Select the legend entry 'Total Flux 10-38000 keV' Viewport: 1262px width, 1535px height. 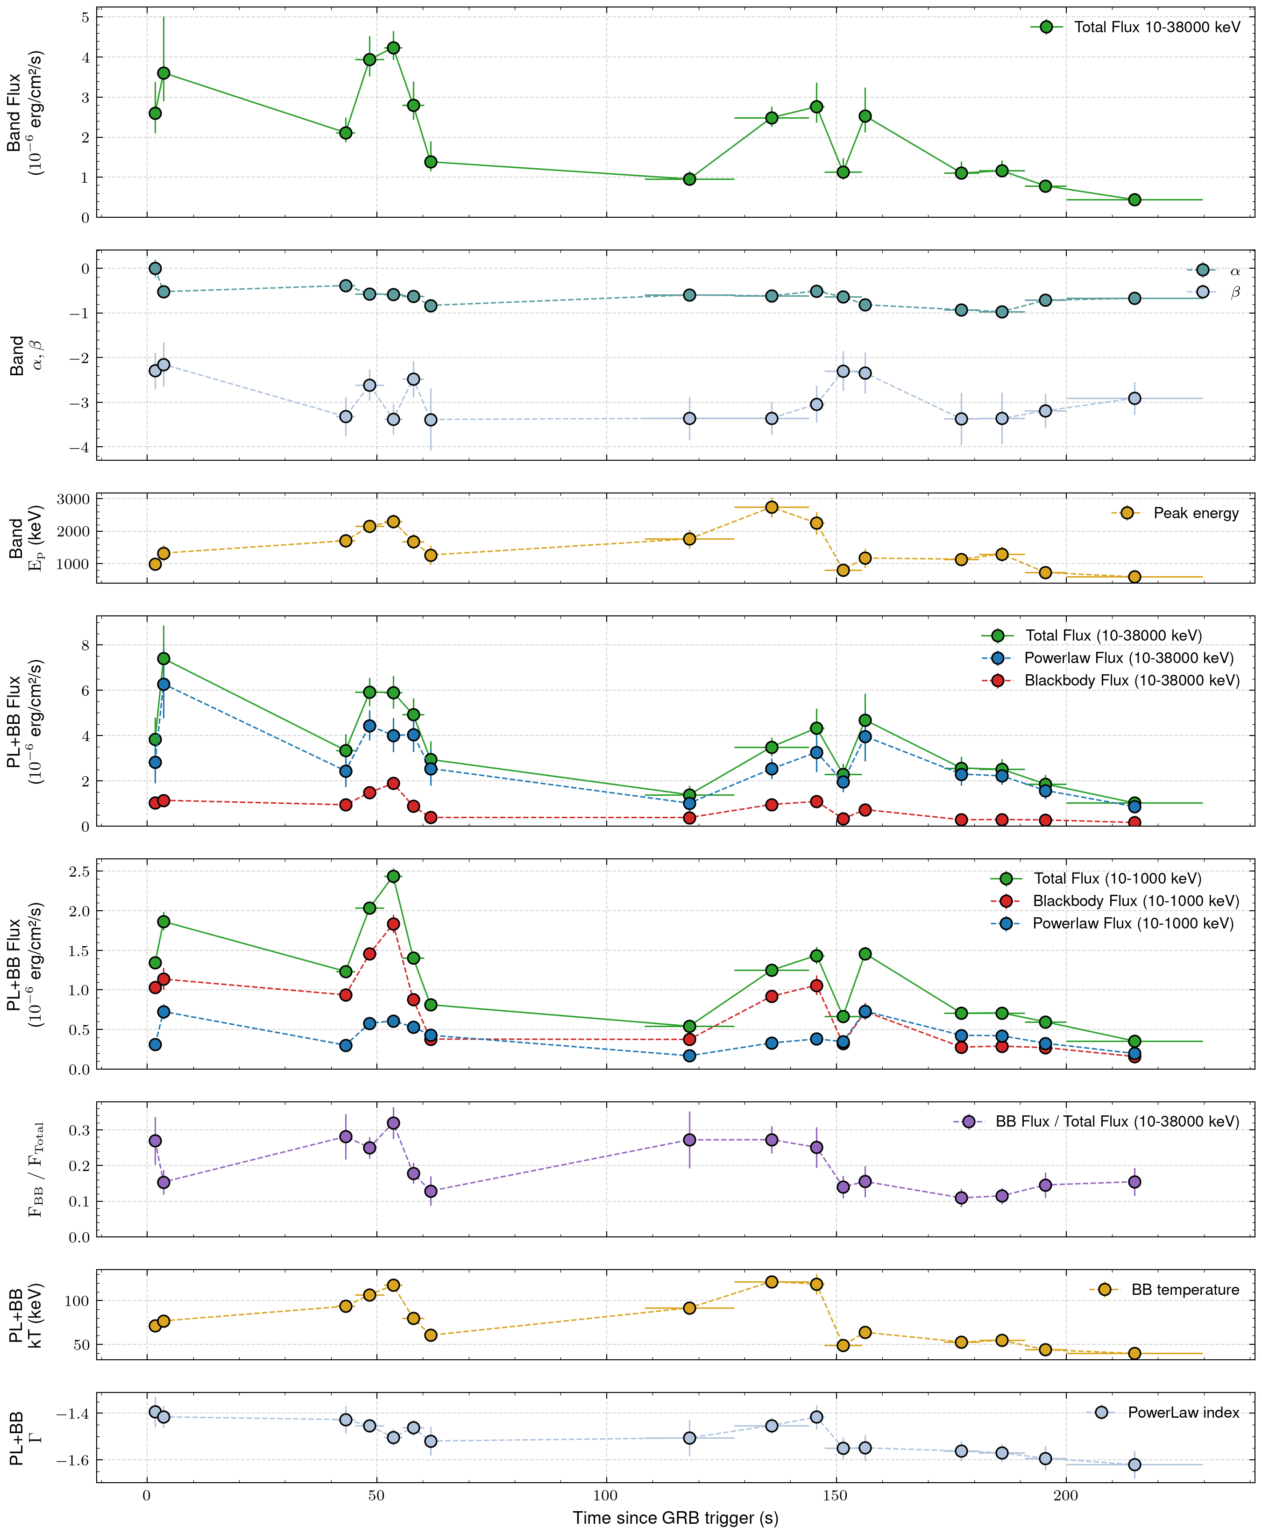click(x=1156, y=28)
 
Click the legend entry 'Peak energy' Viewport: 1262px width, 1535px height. click(x=1196, y=514)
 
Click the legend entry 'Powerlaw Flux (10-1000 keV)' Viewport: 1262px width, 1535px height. click(x=1133, y=923)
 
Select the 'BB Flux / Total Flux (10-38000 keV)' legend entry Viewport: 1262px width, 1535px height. click(x=1117, y=1122)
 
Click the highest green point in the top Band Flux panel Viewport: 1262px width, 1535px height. click(x=393, y=48)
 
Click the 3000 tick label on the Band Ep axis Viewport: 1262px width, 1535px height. click(x=73, y=500)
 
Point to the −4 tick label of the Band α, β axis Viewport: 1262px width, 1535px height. click(x=78, y=447)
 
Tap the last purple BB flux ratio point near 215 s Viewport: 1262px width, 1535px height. click(x=1134, y=1182)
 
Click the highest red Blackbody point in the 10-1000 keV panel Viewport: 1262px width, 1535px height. click(x=393, y=924)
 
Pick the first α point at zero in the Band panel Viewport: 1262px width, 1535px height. click(x=155, y=268)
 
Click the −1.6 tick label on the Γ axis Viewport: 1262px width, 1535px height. click(x=73, y=1460)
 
